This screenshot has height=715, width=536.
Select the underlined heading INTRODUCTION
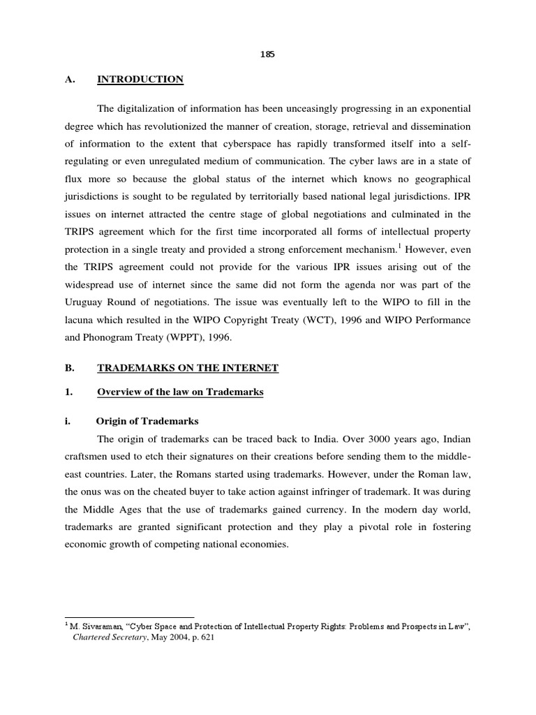pos(140,80)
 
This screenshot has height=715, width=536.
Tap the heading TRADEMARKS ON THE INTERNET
pos(187,368)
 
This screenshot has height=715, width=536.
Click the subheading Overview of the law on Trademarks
pos(180,392)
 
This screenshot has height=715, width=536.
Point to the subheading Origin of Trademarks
pos(147,421)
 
